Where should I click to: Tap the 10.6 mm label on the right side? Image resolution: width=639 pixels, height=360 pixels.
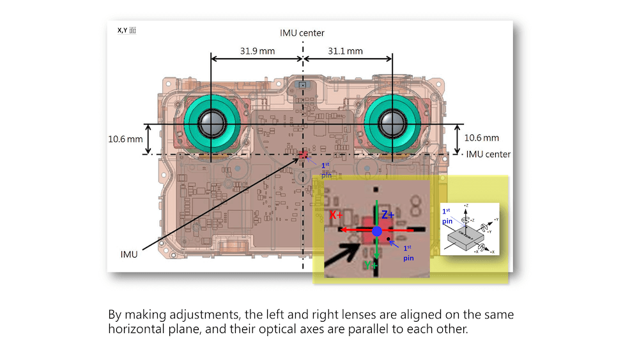(481, 138)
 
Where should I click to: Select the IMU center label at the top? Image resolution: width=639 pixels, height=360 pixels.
(302, 33)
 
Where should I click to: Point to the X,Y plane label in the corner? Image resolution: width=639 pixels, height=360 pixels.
(127, 29)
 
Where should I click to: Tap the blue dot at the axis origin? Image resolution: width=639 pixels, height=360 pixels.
(377, 231)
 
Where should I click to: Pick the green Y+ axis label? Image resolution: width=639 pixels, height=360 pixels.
(369, 264)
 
